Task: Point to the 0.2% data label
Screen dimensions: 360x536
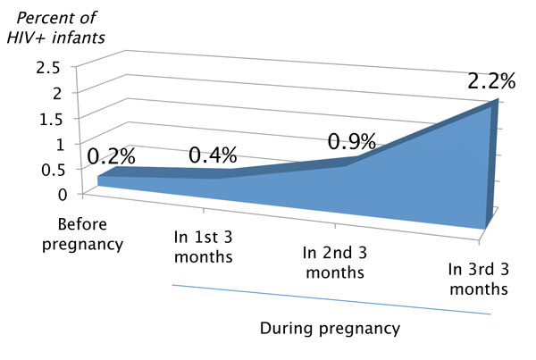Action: pos(112,155)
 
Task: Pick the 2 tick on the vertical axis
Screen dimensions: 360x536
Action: pos(55,92)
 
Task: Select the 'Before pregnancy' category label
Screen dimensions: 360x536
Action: pos(89,232)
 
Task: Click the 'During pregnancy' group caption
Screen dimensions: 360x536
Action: pos(330,328)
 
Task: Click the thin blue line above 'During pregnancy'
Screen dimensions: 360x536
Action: pos(331,299)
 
